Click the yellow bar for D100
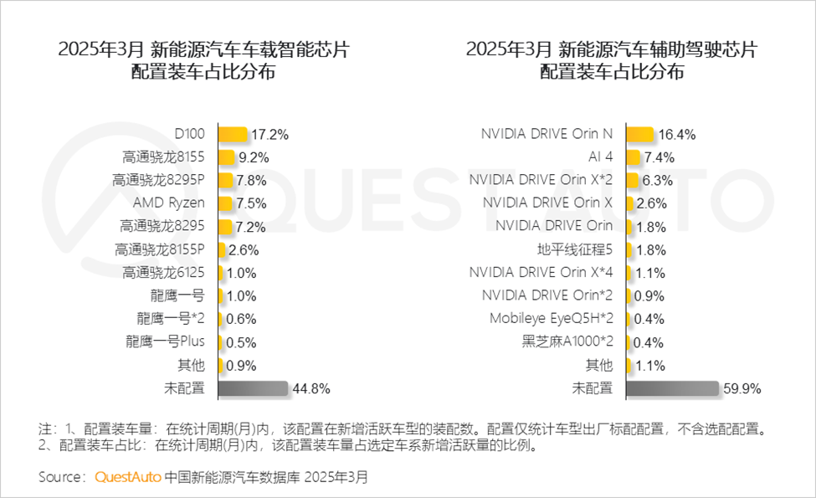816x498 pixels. coord(233,134)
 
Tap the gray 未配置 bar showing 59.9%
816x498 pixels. coord(671,388)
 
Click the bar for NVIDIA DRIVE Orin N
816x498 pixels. coord(639,134)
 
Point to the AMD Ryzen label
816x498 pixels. coord(168,203)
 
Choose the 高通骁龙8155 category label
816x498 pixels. coord(163,157)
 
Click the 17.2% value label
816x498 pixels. coord(269,134)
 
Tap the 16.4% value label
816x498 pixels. coord(676,134)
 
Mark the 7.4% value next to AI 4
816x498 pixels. coord(659,157)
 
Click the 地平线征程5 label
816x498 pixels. coord(575,249)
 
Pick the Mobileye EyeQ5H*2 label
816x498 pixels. coord(552,319)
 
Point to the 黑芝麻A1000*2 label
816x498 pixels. coord(567,342)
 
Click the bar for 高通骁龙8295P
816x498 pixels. coord(225,180)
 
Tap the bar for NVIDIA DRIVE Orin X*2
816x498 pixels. coord(632,180)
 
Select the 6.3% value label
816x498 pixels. coord(657,180)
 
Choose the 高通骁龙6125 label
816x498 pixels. coord(163,273)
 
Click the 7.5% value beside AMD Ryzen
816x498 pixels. coord(252,203)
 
